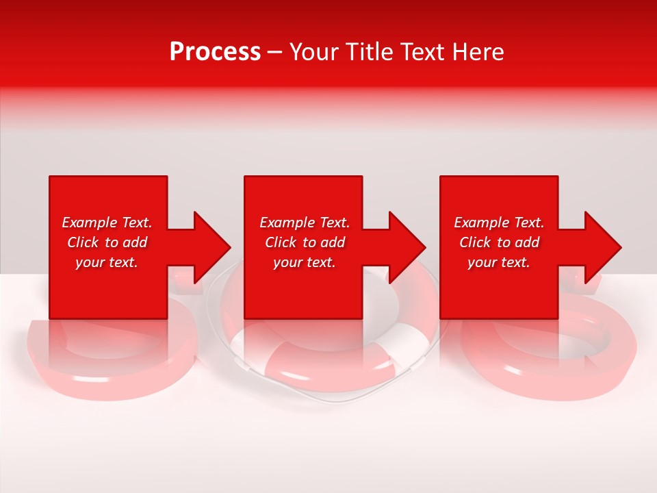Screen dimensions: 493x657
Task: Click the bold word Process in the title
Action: pyautogui.click(x=215, y=52)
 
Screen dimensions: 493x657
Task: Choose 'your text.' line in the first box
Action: pyautogui.click(x=107, y=262)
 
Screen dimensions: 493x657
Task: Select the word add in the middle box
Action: pyautogui.click(x=333, y=242)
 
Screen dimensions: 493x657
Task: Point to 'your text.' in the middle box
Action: pyautogui.click(x=305, y=262)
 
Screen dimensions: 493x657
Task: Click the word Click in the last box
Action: pyautogui.click(x=476, y=242)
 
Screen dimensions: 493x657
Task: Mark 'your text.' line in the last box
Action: pyautogui.click(x=499, y=262)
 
